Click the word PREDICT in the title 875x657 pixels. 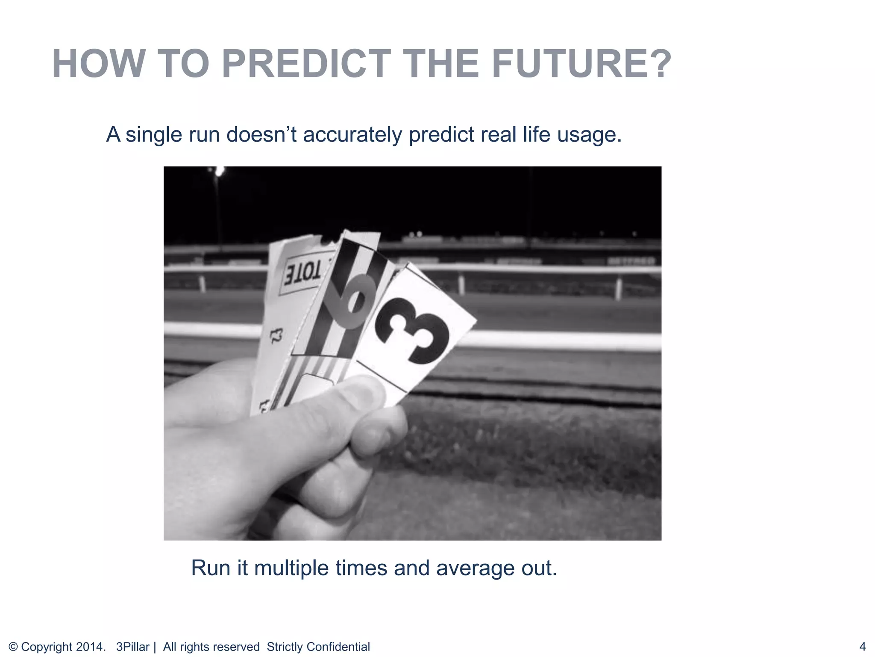coord(306,64)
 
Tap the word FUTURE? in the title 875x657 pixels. coord(581,64)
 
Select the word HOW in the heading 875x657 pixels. coord(98,64)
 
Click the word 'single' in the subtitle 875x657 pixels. coord(154,135)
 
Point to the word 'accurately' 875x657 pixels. coord(352,135)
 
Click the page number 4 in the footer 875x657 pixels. coord(862,646)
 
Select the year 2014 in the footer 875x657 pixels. coord(89,647)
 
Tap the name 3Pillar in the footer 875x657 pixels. coord(133,647)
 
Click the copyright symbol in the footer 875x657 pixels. coord(13,647)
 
